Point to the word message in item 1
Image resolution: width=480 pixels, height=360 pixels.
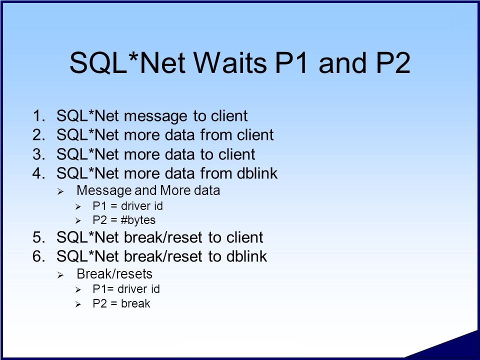point(155,116)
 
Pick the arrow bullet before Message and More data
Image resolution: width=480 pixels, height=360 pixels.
point(60,192)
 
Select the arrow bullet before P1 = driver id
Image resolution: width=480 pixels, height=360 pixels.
point(78,207)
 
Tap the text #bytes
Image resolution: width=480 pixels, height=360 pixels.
point(138,220)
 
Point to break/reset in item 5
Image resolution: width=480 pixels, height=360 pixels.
point(163,237)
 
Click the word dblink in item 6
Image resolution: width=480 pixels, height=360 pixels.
point(246,256)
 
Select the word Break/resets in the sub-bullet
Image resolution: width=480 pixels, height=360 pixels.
point(114,274)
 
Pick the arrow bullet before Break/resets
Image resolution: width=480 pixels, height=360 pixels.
point(60,275)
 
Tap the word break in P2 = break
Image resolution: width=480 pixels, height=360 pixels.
point(135,303)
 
